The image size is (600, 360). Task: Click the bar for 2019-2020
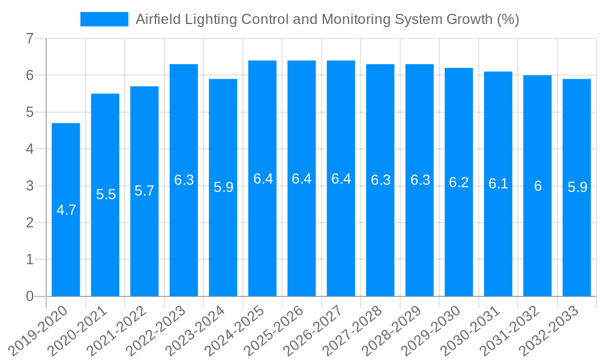66,209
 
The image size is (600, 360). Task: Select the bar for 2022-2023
184,180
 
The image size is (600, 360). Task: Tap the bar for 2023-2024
223,187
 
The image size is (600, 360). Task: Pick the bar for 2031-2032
538,185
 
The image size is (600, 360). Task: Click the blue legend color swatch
104,19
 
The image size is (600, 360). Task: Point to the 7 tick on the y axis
30,39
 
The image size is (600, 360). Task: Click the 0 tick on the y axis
30,296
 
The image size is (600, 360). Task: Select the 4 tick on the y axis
30,149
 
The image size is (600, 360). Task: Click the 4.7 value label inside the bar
66,210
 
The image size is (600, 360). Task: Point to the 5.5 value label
106,194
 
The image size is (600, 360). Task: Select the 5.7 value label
145,191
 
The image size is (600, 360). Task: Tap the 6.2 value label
459,182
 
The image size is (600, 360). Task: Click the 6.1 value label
498,184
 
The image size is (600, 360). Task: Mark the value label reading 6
538,186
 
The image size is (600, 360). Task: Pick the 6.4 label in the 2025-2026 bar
302,179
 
